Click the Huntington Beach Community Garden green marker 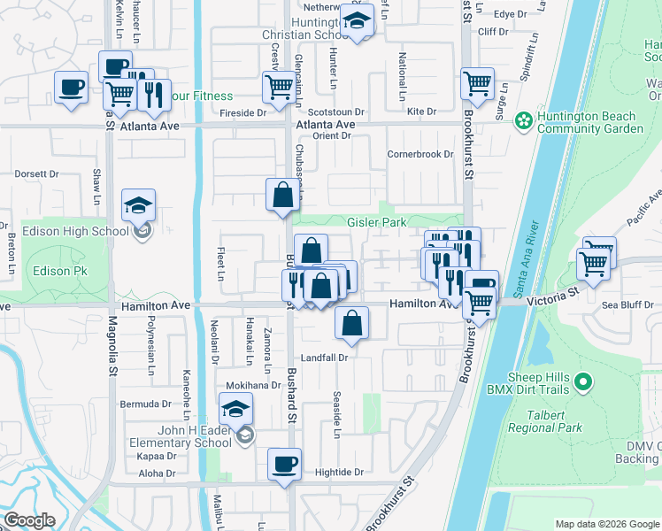(x=523, y=119)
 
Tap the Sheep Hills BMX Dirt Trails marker (x=582, y=382)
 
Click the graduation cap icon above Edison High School (x=138, y=205)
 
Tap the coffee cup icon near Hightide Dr (x=285, y=464)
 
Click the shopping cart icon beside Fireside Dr (x=279, y=87)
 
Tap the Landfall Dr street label (x=327, y=358)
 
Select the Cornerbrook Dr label (x=420, y=154)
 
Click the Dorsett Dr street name (x=36, y=174)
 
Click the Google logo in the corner (x=29, y=520)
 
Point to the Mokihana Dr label (x=252, y=386)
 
